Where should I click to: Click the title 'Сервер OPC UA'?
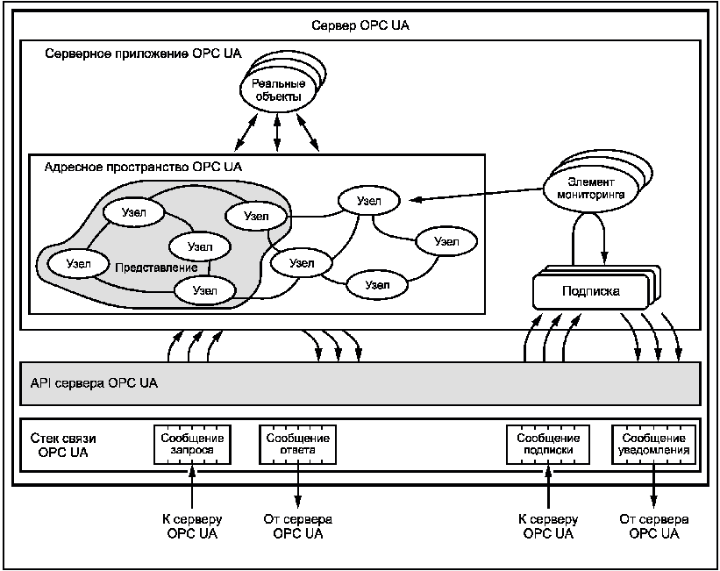(x=360, y=25)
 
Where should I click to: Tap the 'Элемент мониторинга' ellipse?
(x=590, y=189)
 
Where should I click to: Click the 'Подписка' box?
(x=590, y=291)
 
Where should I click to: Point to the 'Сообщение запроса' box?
(x=192, y=444)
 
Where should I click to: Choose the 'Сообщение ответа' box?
(x=297, y=444)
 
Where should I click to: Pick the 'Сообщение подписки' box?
(x=548, y=444)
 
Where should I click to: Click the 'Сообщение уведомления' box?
(x=653, y=444)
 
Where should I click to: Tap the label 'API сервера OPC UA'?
(x=94, y=383)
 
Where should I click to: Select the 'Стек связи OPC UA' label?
(x=63, y=445)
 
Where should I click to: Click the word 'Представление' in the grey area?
(x=156, y=268)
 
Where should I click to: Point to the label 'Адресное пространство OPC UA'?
(x=143, y=167)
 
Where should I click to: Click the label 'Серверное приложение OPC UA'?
(x=143, y=54)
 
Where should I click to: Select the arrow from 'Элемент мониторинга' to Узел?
(x=476, y=194)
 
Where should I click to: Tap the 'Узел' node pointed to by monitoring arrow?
(x=368, y=201)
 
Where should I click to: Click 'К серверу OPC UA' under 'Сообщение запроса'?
(x=192, y=526)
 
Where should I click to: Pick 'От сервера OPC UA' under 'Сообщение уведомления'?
(x=654, y=526)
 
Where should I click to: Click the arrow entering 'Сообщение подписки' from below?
(x=548, y=486)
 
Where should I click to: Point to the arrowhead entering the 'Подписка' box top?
(x=605, y=258)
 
